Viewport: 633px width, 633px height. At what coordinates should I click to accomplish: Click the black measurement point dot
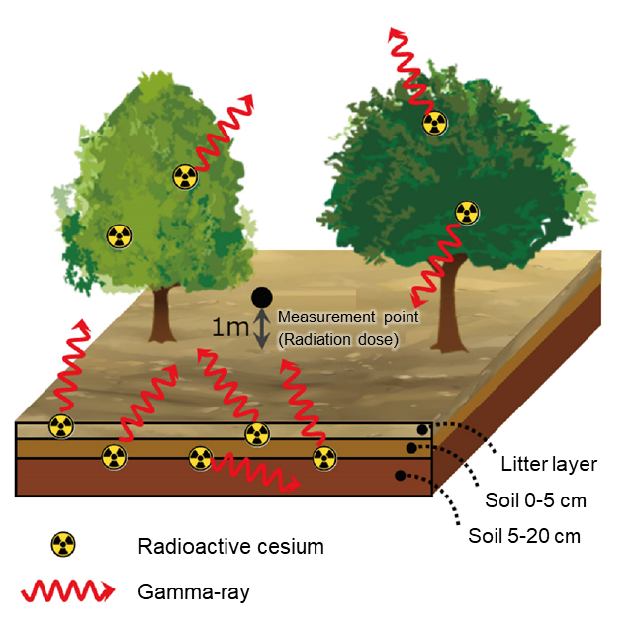[261, 296]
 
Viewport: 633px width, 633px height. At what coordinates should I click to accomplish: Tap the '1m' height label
[232, 328]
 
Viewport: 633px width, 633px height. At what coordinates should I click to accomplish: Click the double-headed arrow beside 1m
[262, 328]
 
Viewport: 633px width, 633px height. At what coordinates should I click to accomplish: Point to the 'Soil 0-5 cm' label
[535, 500]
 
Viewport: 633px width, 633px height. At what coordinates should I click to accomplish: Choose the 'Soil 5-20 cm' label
[523, 537]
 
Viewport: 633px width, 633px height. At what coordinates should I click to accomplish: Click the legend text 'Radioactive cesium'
[231, 546]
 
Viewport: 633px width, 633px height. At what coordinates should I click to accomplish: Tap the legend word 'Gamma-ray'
[194, 592]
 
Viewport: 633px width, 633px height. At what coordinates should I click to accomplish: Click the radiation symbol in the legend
[62, 544]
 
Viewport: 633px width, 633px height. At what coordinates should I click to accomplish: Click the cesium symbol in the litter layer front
[61, 427]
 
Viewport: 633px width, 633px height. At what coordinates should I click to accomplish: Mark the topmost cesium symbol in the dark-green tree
[433, 123]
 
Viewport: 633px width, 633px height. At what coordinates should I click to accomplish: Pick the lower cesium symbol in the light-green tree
[119, 236]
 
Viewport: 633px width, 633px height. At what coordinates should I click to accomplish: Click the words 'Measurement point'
[348, 317]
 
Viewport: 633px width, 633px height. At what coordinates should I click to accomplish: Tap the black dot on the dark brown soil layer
[400, 475]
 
